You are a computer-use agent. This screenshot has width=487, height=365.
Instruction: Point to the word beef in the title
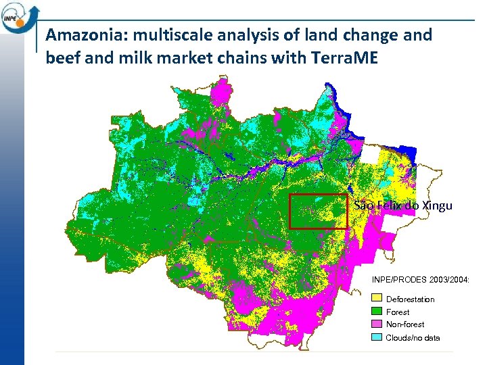(62, 58)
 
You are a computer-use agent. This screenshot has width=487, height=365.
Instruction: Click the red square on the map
(318, 212)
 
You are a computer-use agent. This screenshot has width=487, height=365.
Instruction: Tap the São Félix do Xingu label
(403, 205)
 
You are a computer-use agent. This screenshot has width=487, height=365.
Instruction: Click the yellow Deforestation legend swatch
(377, 299)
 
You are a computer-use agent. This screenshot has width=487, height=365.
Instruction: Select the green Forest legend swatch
(377, 312)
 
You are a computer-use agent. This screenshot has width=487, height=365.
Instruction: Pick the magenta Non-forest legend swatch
(377, 324)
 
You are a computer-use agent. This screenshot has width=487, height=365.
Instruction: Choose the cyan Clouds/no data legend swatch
(377, 337)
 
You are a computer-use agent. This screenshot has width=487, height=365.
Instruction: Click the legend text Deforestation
(410, 299)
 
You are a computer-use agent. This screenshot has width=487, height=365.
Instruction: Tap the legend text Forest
(398, 312)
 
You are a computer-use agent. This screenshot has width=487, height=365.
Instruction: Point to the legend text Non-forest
(405, 324)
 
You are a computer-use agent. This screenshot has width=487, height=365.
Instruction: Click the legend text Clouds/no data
(413, 337)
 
